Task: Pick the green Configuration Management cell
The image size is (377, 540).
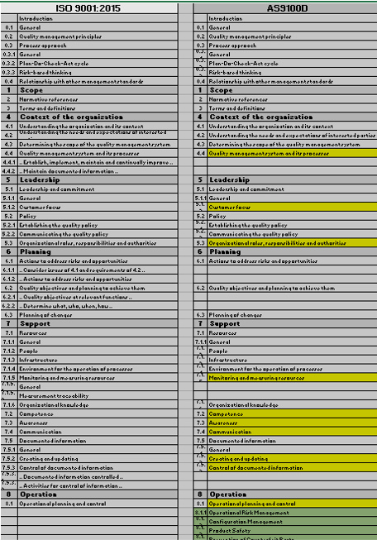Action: click(x=248, y=522)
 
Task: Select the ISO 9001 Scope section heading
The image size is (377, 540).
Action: click(x=34, y=89)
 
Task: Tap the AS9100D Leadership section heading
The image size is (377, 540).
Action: click(x=231, y=179)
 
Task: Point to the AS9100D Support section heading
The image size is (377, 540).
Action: click(x=227, y=323)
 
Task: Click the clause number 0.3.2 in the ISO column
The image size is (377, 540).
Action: click(x=8, y=63)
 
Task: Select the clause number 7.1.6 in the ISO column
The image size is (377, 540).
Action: click(x=8, y=404)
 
